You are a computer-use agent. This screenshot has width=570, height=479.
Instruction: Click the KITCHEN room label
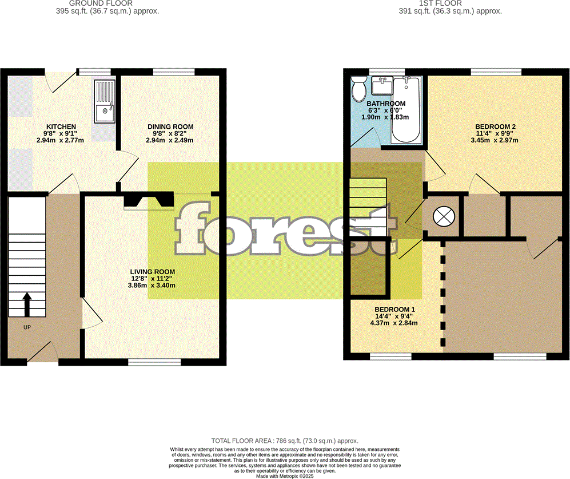tap(61, 126)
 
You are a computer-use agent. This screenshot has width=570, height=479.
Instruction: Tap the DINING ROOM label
tap(170, 126)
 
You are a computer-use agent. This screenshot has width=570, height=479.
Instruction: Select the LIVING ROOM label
tap(152, 272)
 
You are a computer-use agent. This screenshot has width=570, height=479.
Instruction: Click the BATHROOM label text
tap(386, 104)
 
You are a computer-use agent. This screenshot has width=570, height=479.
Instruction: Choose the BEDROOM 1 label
tap(394, 310)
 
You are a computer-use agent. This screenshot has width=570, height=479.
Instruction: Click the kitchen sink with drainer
tap(105, 101)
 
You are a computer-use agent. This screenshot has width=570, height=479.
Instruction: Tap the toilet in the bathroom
tap(359, 89)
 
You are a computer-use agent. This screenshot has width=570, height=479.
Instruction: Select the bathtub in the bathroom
tap(406, 110)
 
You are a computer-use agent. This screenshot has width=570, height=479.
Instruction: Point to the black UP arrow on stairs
tap(27, 304)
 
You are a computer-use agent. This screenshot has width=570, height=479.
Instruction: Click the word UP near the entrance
tap(27, 327)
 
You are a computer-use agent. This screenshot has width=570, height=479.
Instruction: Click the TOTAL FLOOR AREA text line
tap(285, 441)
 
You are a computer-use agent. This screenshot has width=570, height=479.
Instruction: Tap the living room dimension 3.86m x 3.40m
tap(152, 285)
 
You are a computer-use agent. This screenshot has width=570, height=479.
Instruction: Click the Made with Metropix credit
tap(285, 476)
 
